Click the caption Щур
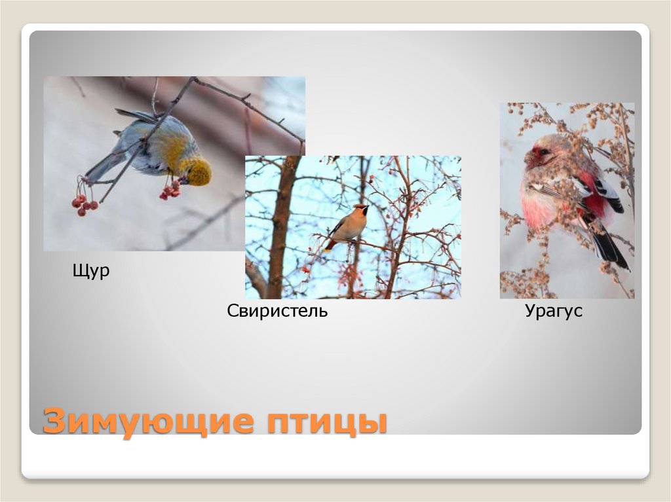90,271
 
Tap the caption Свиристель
277,311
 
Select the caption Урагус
553,311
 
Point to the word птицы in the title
326,421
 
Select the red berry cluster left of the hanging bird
84,203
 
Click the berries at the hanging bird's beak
170,190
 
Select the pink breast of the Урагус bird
541,203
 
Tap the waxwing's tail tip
328,247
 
